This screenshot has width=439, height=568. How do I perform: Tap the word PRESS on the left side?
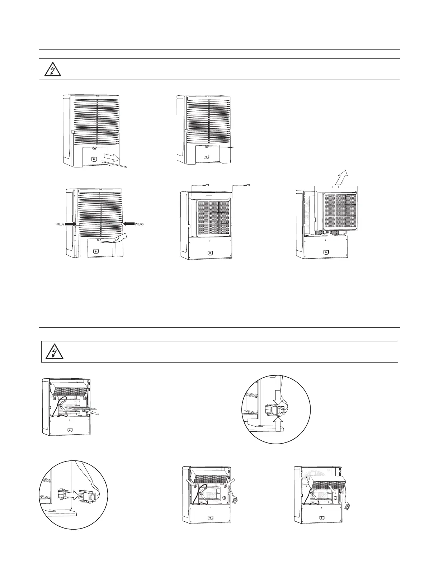[60, 224]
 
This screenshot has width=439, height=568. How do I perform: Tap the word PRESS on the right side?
[139, 224]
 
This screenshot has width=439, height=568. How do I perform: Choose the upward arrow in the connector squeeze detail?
[279, 421]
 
